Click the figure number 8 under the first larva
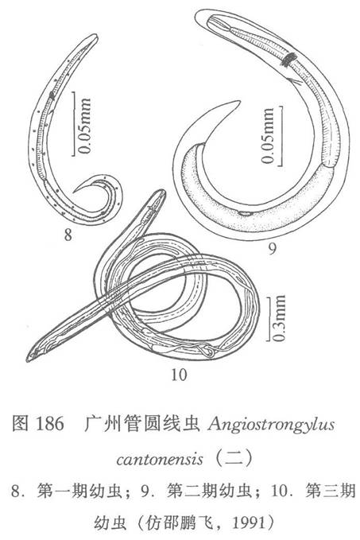pos(68,235)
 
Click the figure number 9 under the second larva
pos(273,248)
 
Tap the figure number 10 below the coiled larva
pos(179,375)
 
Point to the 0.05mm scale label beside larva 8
pos(84,126)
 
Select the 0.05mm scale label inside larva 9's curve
pos(267,136)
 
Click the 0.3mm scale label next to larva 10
pos(278,318)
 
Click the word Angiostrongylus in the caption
pos(271,425)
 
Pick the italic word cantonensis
pos(160,459)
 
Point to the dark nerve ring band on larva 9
pos(288,59)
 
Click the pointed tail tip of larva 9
pos(239,102)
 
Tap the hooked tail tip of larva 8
pos(74,192)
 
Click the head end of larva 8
pos(95,36)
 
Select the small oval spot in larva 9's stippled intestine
pos(246,213)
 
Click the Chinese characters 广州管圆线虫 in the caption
pos(142,424)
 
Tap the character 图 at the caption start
pos(20,424)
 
